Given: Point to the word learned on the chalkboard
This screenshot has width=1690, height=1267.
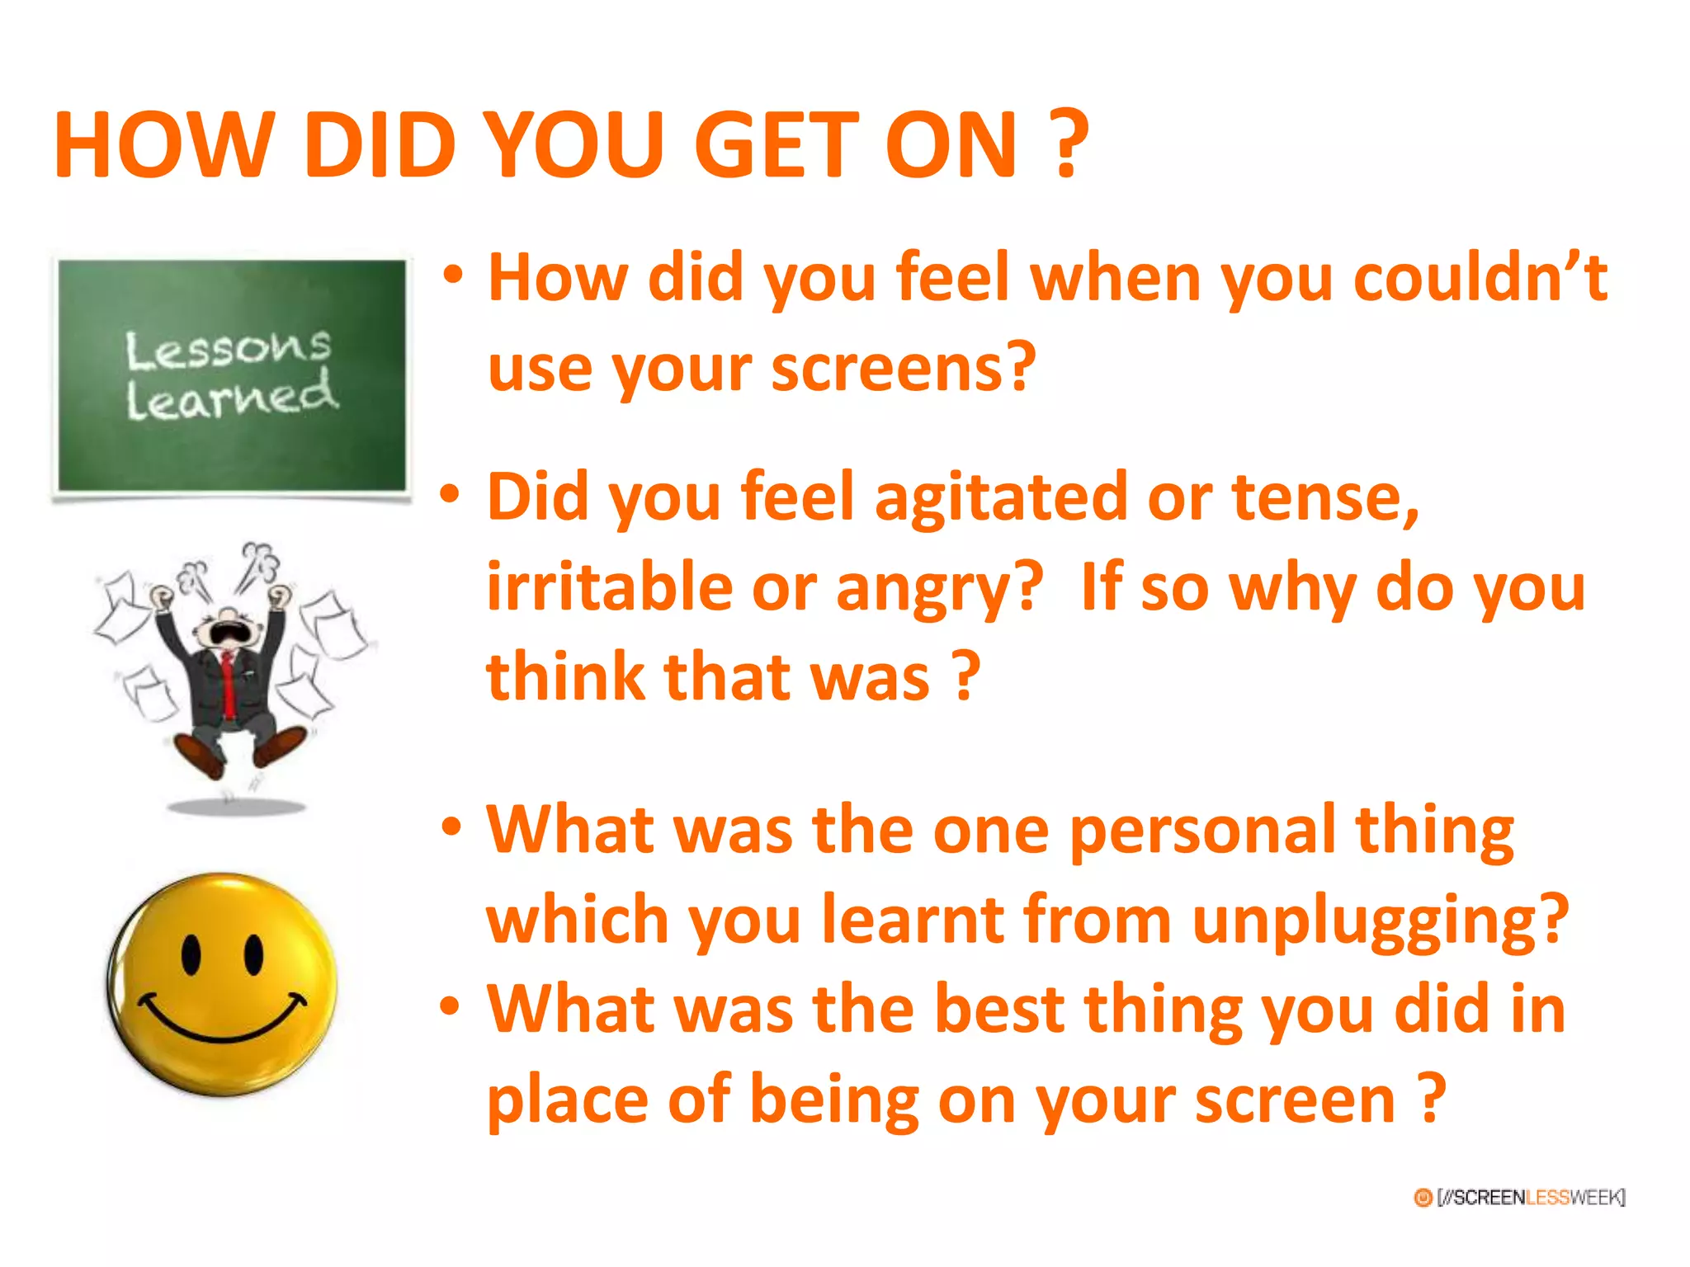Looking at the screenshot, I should click(x=232, y=398).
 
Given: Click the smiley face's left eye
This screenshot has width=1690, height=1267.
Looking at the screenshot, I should click(x=191, y=954).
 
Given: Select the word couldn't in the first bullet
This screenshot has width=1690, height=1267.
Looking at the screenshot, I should click(x=1480, y=279).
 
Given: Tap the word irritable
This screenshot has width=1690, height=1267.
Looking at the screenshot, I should click(x=609, y=587).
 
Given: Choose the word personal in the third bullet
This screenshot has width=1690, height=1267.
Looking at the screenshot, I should click(x=1201, y=831).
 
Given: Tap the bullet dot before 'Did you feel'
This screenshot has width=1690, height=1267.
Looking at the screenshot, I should click(x=450, y=494).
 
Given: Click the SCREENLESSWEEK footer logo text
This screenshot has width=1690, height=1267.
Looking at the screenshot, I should click(x=1530, y=1197).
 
